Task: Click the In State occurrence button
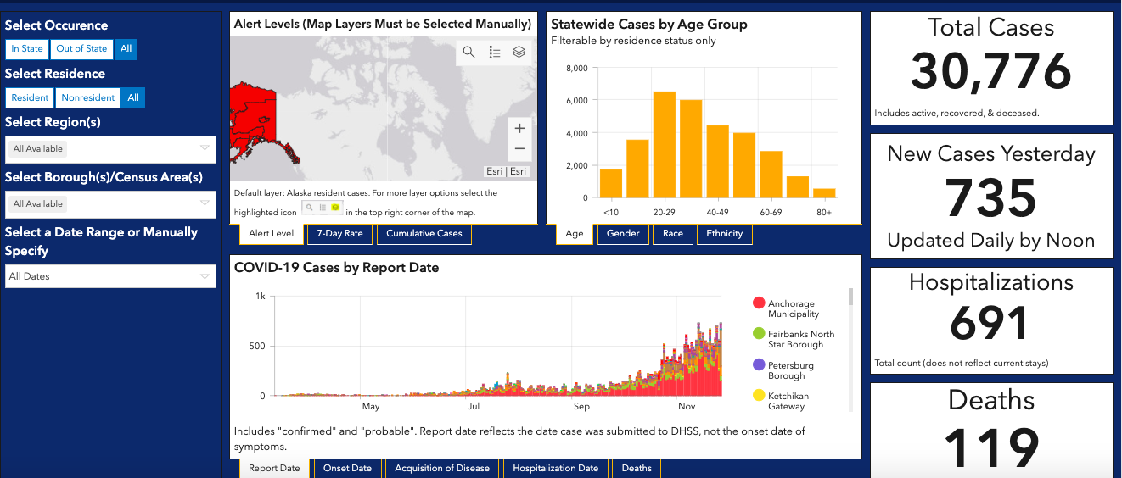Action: point(27,49)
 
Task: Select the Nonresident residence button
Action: point(87,97)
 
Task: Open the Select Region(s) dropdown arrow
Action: point(205,148)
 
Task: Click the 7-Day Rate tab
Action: point(339,234)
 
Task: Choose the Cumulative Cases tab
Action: point(424,234)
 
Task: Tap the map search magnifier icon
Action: point(468,52)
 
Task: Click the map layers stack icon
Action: point(519,52)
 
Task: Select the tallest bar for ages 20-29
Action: point(665,144)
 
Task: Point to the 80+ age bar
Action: point(824,193)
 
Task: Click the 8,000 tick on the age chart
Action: point(576,68)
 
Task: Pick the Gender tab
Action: point(623,234)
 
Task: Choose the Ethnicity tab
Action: point(724,234)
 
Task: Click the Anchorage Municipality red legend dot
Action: point(759,303)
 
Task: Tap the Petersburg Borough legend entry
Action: point(783,370)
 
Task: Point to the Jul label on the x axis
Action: point(474,406)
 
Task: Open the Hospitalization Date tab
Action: point(556,468)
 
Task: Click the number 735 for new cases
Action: point(990,198)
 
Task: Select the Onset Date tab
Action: point(347,468)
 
